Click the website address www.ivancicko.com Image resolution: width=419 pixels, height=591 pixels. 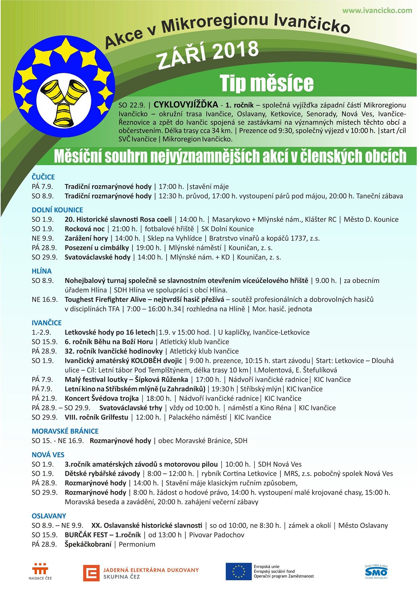click(x=377, y=10)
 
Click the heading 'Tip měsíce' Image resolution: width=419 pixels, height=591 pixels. click(x=266, y=83)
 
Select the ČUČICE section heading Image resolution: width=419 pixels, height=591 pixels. click(x=43, y=177)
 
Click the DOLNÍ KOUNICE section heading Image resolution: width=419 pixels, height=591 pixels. click(x=57, y=210)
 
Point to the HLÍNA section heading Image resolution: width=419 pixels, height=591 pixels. click(x=42, y=271)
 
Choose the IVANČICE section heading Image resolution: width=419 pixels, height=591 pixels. click(x=47, y=323)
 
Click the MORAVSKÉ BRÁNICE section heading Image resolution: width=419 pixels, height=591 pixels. click(x=65, y=431)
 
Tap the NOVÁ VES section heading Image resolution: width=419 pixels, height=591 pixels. click(x=48, y=455)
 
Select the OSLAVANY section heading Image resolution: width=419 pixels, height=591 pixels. click(x=49, y=516)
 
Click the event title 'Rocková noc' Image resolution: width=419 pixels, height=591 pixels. click(x=85, y=229)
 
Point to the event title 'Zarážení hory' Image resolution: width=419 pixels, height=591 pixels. click(x=86, y=238)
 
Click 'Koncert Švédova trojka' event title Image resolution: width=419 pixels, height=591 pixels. click(x=101, y=398)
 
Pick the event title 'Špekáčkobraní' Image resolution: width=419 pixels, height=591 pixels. click(x=88, y=544)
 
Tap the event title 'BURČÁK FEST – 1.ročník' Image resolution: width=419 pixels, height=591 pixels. click(x=103, y=535)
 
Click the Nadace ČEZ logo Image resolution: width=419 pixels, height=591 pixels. click(x=40, y=571)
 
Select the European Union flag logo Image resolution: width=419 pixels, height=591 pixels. click(x=239, y=571)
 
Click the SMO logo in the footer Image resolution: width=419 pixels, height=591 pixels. click(x=376, y=571)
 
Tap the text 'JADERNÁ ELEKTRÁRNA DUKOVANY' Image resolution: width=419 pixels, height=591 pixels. click(x=151, y=570)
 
